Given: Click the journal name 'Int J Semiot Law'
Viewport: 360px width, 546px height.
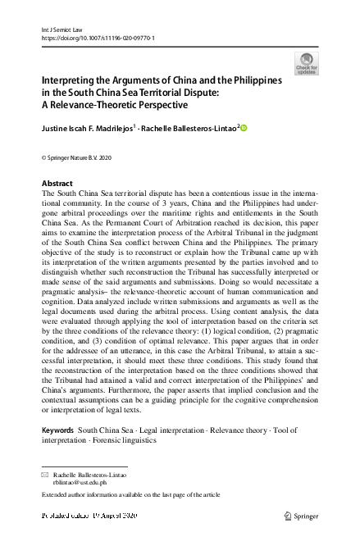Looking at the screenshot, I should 62,29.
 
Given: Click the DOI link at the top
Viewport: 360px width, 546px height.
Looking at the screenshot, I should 98,38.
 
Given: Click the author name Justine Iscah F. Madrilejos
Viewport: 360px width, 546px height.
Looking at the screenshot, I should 98,127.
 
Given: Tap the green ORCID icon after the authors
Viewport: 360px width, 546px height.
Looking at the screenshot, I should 243,127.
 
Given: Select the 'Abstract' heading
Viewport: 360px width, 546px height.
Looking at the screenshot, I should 57,183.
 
